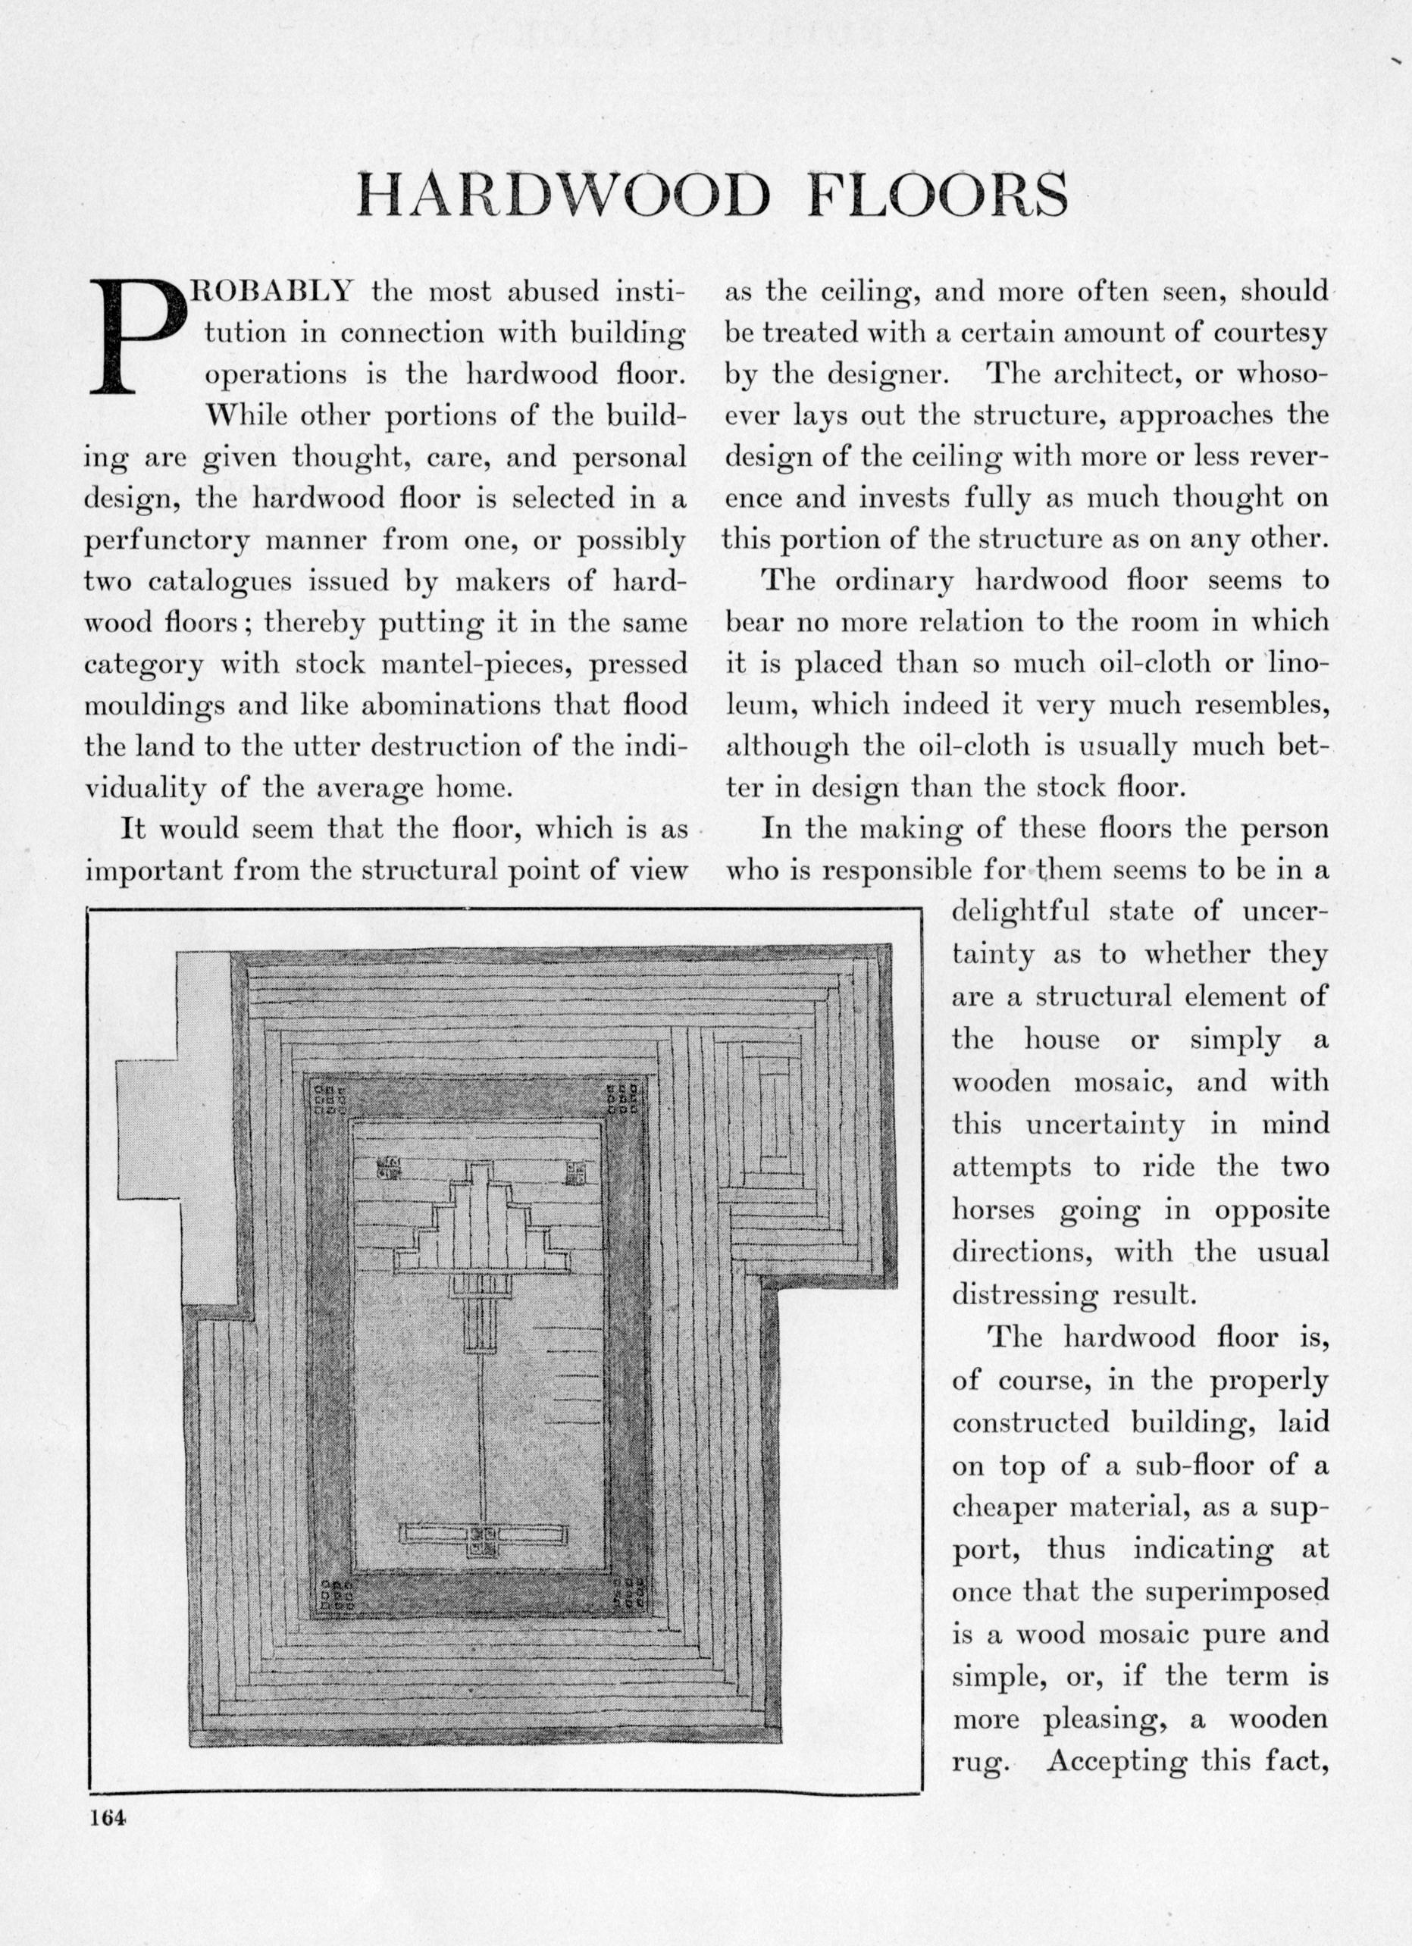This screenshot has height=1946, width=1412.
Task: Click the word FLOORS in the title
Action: [939, 196]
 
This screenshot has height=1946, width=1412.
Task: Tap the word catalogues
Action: [220, 581]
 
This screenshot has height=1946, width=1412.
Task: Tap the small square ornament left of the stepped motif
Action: [388, 1169]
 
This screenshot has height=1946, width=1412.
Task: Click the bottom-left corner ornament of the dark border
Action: [336, 1594]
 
